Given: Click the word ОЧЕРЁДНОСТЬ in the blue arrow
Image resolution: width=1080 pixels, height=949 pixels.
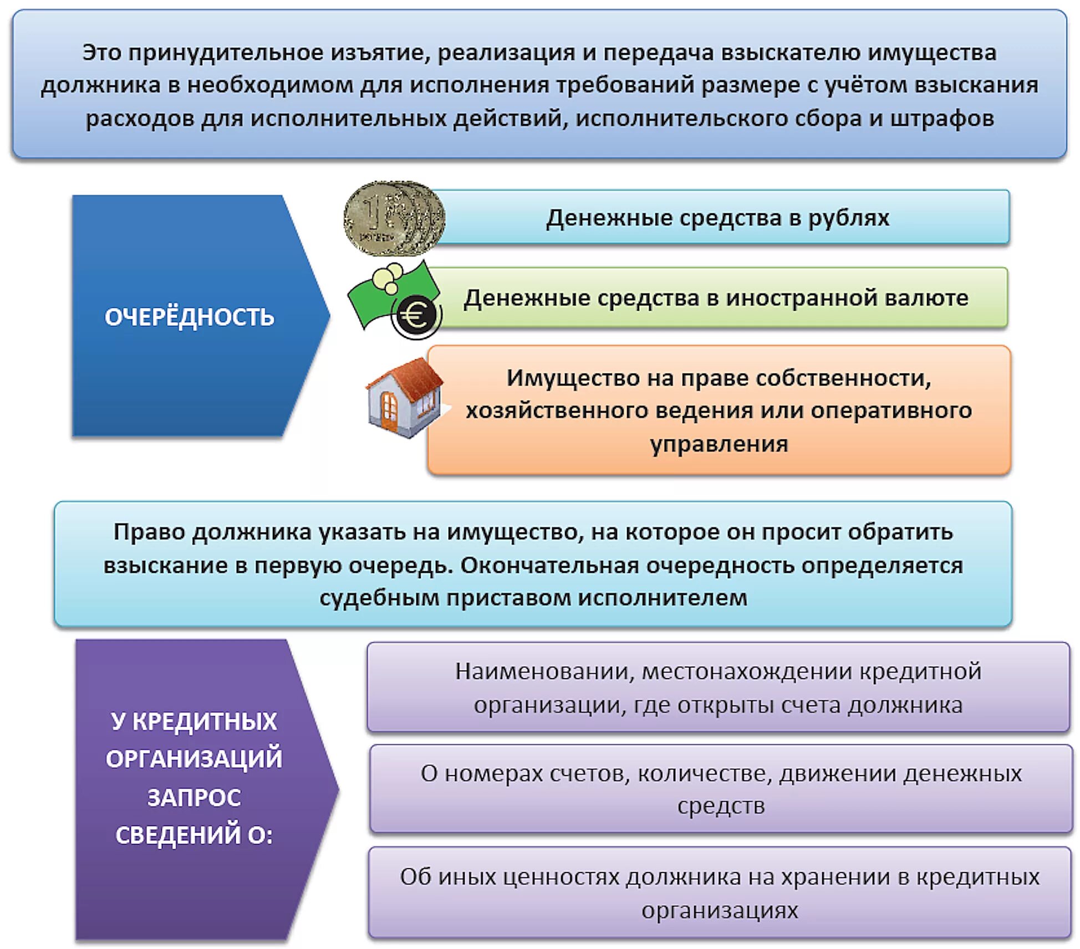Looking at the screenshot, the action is [x=189, y=317].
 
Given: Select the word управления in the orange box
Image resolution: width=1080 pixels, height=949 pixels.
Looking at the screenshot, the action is [x=719, y=444].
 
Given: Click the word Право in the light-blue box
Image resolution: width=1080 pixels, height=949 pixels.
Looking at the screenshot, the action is [x=149, y=532].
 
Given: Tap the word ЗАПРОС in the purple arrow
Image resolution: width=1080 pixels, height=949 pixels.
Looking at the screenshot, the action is [x=194, y=798].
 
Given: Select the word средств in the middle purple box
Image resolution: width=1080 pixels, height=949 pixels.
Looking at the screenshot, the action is [x=721, y=806].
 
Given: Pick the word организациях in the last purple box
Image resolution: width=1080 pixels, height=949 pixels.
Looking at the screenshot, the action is [x=720, y=910].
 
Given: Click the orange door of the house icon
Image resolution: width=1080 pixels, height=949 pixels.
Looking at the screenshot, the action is [x=389, y=411].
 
